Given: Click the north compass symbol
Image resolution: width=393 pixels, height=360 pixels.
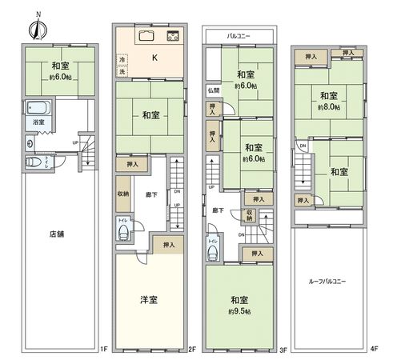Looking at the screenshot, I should pos(35,27).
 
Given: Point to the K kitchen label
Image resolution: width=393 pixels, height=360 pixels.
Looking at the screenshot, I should pos(154,56).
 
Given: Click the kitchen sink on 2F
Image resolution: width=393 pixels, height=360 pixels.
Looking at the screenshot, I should pos(147,36).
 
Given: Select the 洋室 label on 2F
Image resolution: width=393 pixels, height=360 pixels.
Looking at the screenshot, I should pos(149,300).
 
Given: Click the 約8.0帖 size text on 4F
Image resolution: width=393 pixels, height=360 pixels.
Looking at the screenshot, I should pos(327,106).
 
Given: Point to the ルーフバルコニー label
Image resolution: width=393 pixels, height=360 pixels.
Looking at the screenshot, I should pos(327,282).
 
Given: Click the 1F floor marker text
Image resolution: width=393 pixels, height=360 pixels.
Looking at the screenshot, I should pos(104,349).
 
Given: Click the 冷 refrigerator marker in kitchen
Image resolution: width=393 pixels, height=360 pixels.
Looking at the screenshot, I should pos(122,59).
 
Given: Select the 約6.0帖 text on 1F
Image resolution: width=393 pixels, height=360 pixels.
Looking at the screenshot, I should pos(61,77).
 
